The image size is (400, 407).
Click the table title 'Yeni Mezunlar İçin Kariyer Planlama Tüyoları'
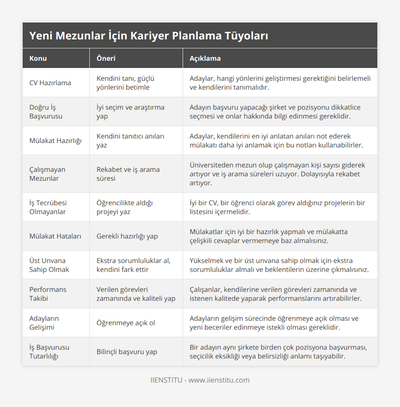tap(149, 36)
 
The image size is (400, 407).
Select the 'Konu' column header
tap(38, 58)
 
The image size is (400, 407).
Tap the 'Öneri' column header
tap(106, 58)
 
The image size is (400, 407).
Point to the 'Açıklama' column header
tap(205, 58)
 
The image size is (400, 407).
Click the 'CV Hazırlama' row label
tap(50, 83)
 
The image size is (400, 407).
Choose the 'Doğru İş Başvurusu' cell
tap(46, 112)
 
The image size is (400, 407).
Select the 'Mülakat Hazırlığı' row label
tap(55, 141)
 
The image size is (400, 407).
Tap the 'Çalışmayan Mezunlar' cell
tap(47, 174)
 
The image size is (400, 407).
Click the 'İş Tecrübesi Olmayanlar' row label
tap(48, 207)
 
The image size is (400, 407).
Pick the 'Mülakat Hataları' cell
tap(55, 236)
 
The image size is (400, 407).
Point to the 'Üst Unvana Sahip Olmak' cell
tap(49, 265)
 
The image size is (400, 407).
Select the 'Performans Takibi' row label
tap(48, 294)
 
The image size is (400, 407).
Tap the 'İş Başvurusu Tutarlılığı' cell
tap(49, 352)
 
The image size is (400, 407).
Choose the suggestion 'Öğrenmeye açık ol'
tap(126, 323)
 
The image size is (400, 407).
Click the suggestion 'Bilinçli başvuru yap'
tap(127, 352)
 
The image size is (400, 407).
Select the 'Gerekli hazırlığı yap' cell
tap(127, 236)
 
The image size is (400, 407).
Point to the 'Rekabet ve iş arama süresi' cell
tap(128, 174)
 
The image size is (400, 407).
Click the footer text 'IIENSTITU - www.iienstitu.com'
tap(200, 380)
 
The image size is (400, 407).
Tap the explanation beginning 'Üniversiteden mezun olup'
tap(277, 174)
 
